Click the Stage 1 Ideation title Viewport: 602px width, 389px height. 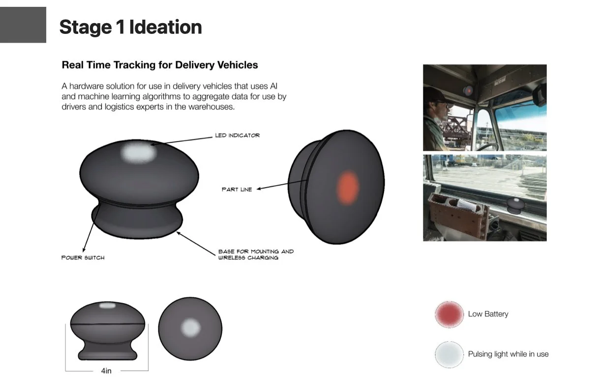130,27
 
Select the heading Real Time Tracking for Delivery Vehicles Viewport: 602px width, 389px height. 160,65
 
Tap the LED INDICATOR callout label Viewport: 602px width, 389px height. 237,135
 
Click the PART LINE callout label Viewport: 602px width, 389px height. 237,189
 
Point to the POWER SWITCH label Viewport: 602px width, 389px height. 83,257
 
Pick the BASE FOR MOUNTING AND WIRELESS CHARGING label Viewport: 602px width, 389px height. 256,254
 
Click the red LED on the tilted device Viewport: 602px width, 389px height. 348,187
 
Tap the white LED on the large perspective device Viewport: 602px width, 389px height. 139,153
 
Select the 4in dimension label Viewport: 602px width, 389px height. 106,371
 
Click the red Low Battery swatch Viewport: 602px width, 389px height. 449,314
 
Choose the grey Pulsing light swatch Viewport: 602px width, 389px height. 449,354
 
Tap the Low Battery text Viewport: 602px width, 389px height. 488,314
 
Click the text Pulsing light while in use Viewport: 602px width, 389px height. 508,354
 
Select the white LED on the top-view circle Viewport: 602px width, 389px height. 190,327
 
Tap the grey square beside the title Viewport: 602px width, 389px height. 23,25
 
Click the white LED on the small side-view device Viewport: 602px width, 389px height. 107,306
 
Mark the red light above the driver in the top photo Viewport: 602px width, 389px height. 469,90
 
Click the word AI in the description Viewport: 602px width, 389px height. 274,86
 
